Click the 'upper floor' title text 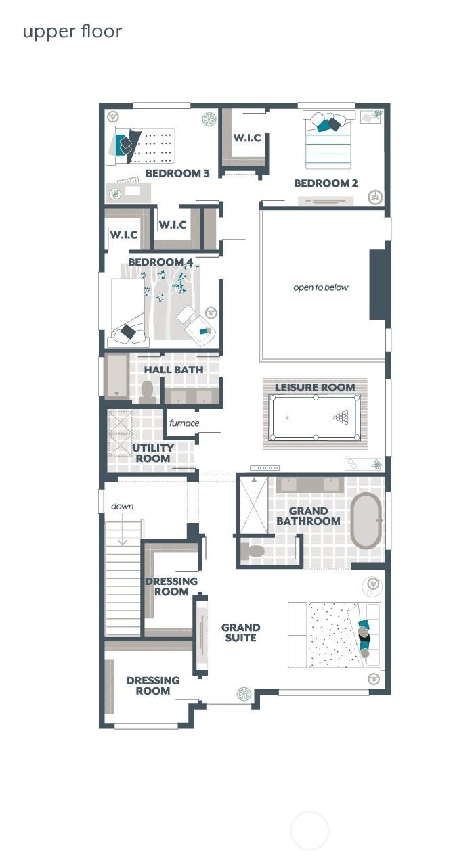(72, 32)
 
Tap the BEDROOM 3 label (177, 173)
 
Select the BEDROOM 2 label (326, 183)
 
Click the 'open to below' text (321, 287)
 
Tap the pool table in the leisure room (315, 417)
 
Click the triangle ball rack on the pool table (343, 417)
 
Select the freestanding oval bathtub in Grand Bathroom (366, 520)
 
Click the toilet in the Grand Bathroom (253, 551)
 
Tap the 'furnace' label (184, 423)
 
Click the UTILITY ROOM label (153, 453)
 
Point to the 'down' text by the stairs (123, 506)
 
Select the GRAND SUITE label (240, 632)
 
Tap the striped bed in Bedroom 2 (328, 145)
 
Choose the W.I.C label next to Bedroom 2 (247, 138)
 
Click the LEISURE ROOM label (315, 388)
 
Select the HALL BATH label (173, 370)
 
